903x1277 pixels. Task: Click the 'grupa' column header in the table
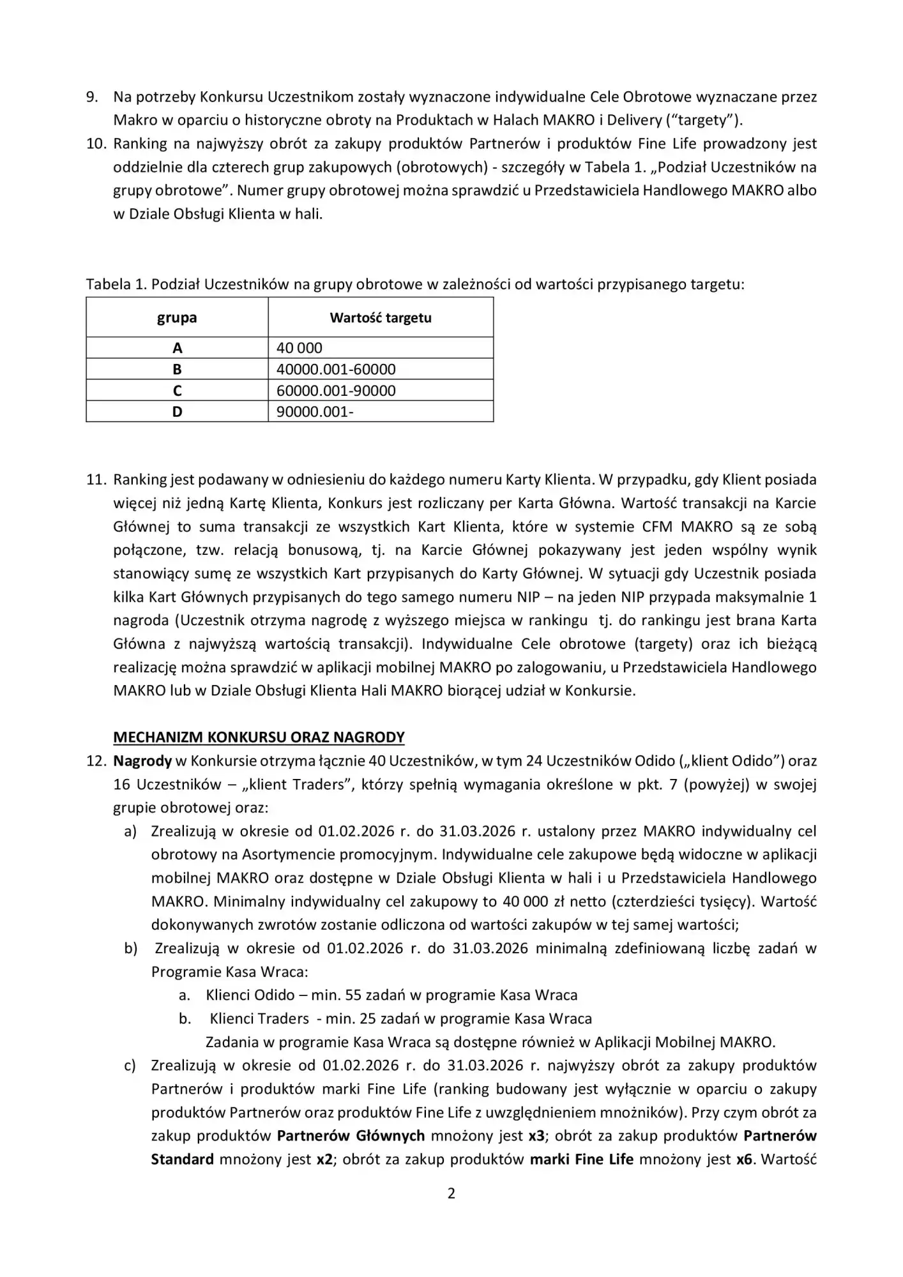[177, 317]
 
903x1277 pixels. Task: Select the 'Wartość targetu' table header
[381, 317]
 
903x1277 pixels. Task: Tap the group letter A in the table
[177, 348]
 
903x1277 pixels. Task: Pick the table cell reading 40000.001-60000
[336, 369]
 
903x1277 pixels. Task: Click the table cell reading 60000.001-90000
[336, 391]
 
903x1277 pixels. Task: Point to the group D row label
[177, 412]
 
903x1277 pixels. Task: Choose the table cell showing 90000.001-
[315, 412]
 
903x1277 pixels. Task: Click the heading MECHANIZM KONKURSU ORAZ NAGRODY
[259, 737]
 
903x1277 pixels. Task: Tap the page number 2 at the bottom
[451, 1193]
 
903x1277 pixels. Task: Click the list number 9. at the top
[93, 96]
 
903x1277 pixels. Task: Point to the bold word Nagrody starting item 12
[142, 761]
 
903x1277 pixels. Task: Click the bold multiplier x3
[536, 1136]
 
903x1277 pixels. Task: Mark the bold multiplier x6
[744, 1159]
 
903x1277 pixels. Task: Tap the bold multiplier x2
[324, 1159]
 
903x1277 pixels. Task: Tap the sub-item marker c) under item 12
[130, 1066]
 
